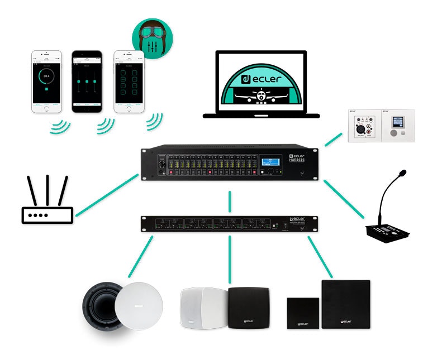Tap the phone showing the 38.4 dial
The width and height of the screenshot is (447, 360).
click(47, 81)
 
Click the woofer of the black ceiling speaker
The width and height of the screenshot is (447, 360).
click(103, 307)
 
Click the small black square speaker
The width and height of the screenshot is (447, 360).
click(303, 316)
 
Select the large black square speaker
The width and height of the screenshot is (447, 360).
click(346, 304)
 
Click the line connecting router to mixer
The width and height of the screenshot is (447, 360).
click(106, 195)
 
